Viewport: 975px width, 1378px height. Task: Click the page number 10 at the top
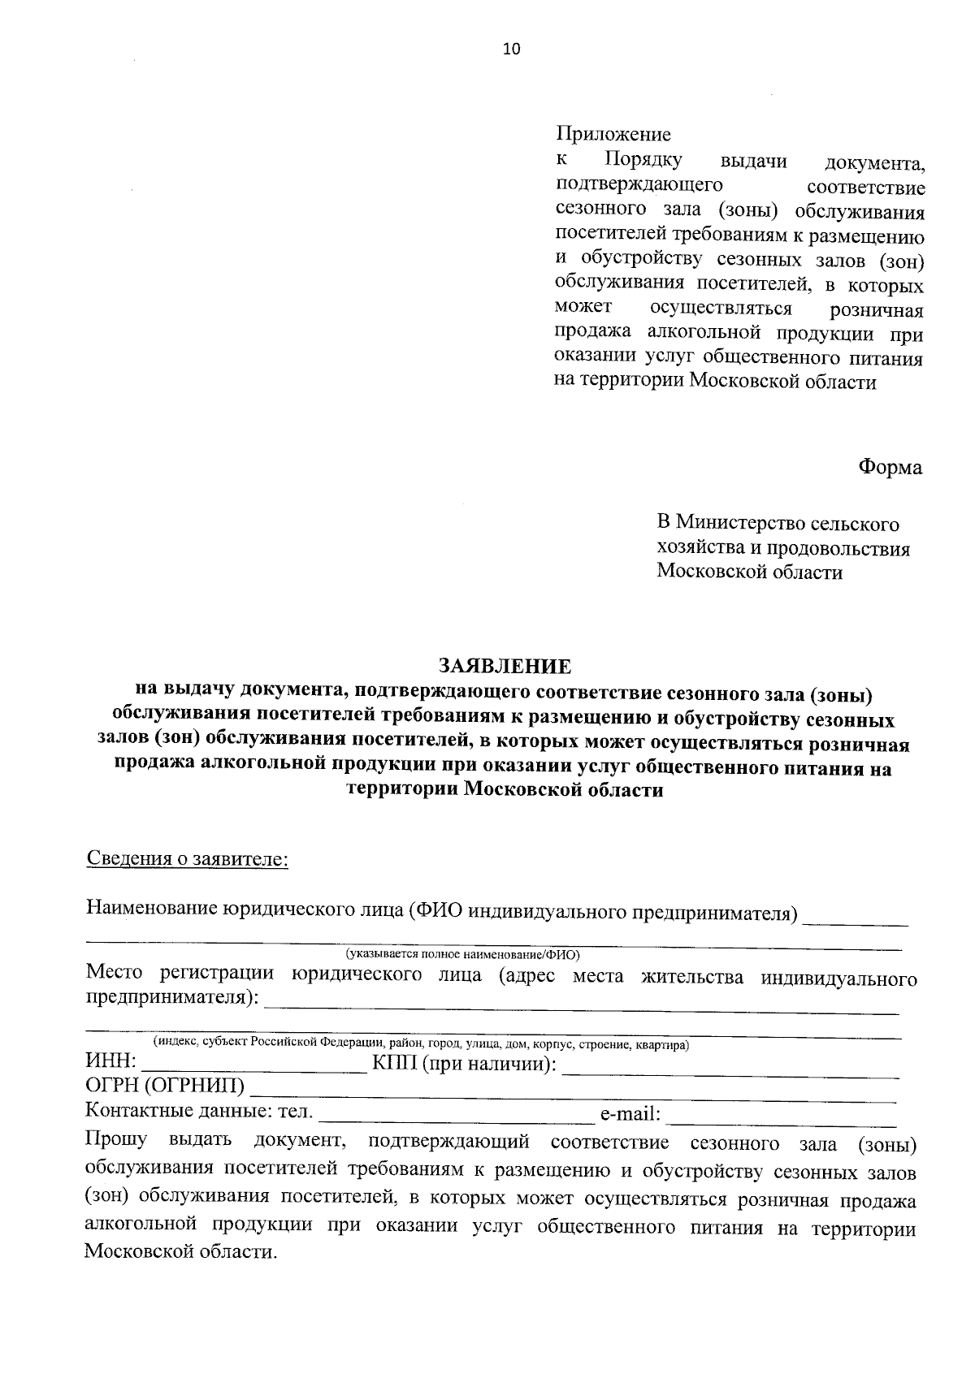(511, 50)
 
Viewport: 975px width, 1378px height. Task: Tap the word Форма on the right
(890, 468)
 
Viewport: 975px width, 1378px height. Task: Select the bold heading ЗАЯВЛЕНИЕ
(505, 667)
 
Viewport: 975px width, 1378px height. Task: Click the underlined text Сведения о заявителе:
(187, 859)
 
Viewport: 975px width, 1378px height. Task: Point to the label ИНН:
(110, 1064)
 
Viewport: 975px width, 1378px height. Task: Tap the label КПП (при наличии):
(464, 1064)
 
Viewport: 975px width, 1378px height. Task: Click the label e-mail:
(630, 1115)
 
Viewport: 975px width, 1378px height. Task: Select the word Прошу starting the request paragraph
(116, 1140)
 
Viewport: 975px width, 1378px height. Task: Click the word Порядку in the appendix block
(649, 160)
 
